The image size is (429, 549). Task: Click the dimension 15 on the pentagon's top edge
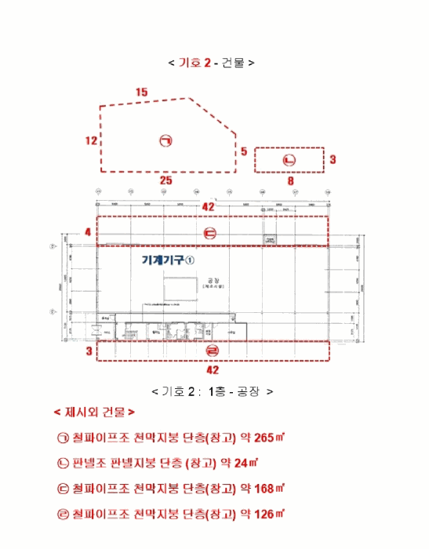(x=141, y=93)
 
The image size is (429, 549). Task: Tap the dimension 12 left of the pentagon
(x=92, y=141)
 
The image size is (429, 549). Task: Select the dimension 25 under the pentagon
(x=165, y=180)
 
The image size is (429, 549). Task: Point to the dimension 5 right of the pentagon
(x=244, y=151)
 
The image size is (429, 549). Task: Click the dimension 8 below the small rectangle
(x=290, y=180)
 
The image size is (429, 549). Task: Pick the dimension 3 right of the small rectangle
(x=333, y=159)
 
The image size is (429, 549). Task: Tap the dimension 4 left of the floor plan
(x=88, y=232)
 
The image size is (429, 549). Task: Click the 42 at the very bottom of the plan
(x=212, y=369)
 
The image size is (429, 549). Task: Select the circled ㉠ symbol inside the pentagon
(x=165, y=141)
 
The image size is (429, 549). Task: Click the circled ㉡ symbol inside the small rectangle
(x=289, y=160)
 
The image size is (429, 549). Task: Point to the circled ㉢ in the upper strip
(x=209, y=232)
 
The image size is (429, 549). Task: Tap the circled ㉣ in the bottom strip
(x=212, y=351)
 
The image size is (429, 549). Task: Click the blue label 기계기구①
(x=167, y=260)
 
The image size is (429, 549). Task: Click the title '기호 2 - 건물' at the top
(x=211, y=62)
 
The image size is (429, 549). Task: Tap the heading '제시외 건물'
(x=94, y=411)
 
